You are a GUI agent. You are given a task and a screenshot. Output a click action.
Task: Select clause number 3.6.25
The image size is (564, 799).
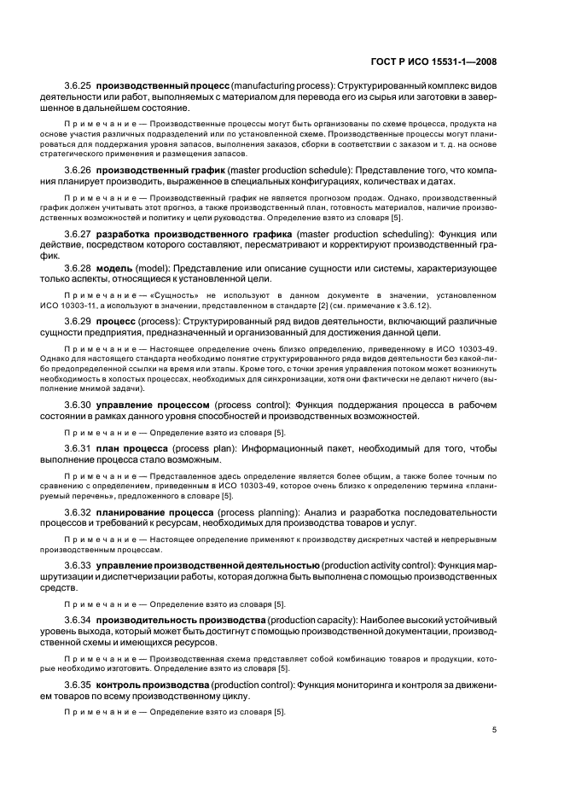click(x=78, y=87)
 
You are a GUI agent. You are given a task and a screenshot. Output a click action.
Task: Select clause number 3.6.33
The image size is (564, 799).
click(x=78, y=565)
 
